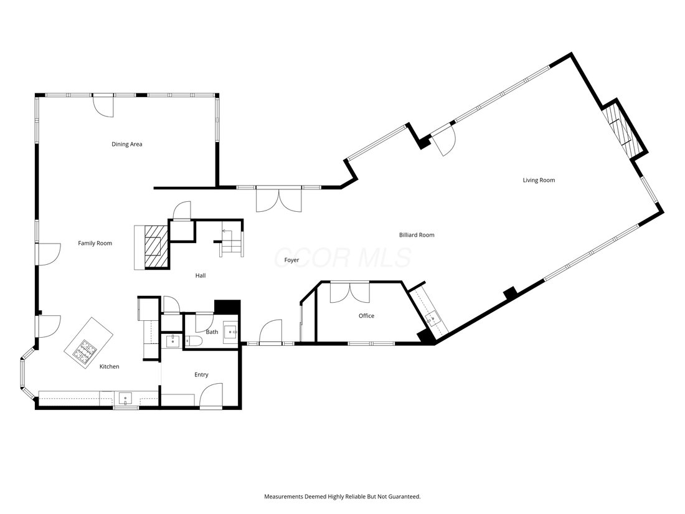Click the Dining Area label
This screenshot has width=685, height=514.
[x=126, y=145]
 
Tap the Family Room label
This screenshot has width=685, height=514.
[x=95, y=244]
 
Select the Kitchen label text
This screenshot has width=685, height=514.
[x=109, y=367]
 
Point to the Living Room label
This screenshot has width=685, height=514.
[x=539, y=180]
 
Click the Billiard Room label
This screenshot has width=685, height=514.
[x=417, y=235]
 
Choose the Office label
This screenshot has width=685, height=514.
[x=367, y=316]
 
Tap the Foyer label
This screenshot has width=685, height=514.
[x=292, y=260]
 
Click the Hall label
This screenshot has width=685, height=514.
[x=201, y=276]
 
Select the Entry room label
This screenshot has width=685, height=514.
[x=201, y=374]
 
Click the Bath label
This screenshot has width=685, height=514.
[x=212, y=332]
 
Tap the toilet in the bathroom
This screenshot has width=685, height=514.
[x=192, y=341]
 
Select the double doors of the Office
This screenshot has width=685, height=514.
[x=350, y=292]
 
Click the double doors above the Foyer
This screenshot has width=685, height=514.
[x=279, y=199]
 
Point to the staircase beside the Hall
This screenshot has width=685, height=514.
[x=232, y=243]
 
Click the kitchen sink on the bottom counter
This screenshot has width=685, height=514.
[x=126, y=399]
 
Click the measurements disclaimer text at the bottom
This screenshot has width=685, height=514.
[x=342, y=497]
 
